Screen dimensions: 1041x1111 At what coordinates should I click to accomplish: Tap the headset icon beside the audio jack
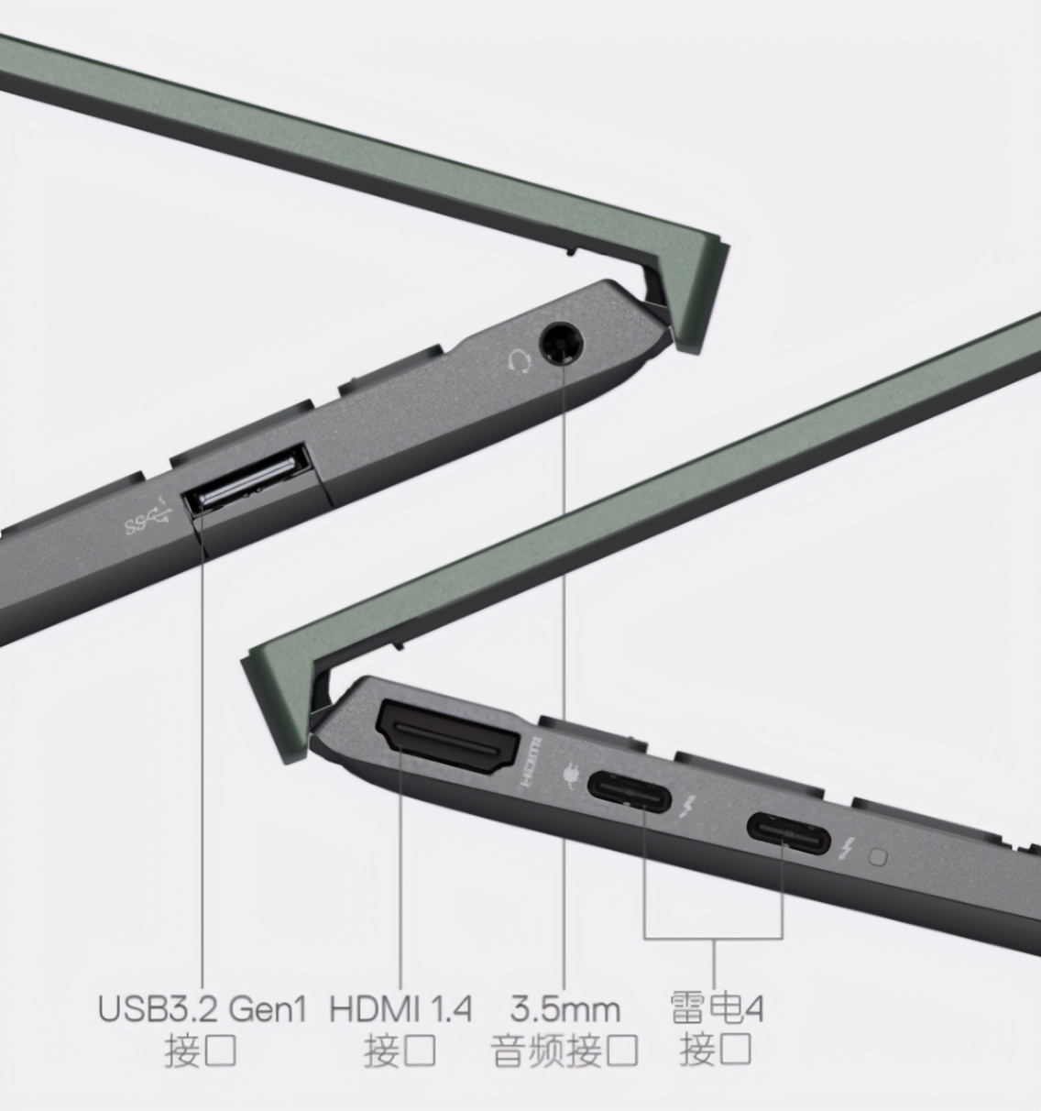520,359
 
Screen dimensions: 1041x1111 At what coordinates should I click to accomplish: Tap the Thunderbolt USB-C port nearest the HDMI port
629,792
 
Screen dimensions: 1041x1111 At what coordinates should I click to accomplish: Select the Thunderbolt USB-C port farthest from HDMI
789,834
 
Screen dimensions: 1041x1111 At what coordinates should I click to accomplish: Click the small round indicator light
880,858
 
